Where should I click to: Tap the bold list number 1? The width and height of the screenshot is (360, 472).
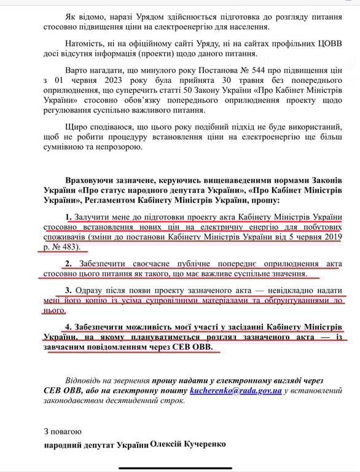(x=68, y=218)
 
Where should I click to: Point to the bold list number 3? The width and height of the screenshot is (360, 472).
(x=68, y=289)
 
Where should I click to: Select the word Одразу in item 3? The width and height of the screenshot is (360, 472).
(x=93, y=289)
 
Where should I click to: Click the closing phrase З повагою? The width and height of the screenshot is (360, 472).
(x=63, y=431)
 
